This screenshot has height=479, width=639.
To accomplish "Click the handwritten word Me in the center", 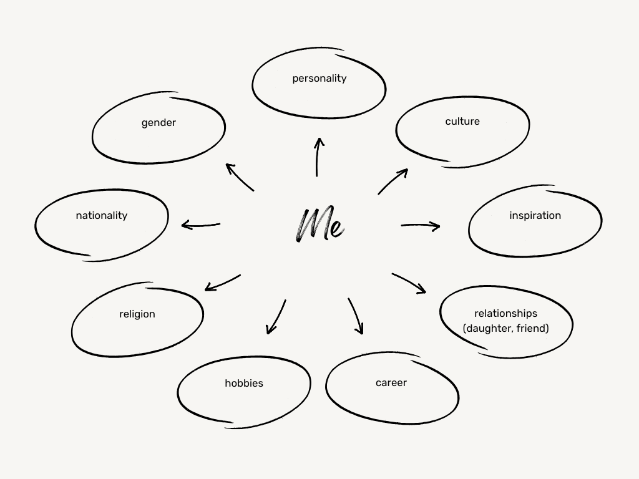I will click(319, 225).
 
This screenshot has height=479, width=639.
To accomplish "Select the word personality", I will click(319, 79).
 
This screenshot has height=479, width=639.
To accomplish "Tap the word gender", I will click(159, 123).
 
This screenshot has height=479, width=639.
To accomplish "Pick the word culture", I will click(462, 122).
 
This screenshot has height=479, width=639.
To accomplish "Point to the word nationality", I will click(102, 216).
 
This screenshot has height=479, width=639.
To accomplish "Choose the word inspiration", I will click(535, 216).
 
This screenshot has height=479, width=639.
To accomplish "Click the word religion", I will click(137, 314).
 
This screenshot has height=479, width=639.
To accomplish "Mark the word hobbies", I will click(244, 384).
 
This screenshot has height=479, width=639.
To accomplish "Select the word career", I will click(391, 383).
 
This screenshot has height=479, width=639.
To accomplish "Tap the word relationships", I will click(505, 314).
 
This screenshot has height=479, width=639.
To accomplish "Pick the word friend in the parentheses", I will click(532, 328).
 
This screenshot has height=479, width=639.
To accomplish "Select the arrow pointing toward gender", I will click(240, 177).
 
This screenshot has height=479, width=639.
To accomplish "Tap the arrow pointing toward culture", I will click(393, 181).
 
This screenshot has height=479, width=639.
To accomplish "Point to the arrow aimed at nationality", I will click(200, 225).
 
